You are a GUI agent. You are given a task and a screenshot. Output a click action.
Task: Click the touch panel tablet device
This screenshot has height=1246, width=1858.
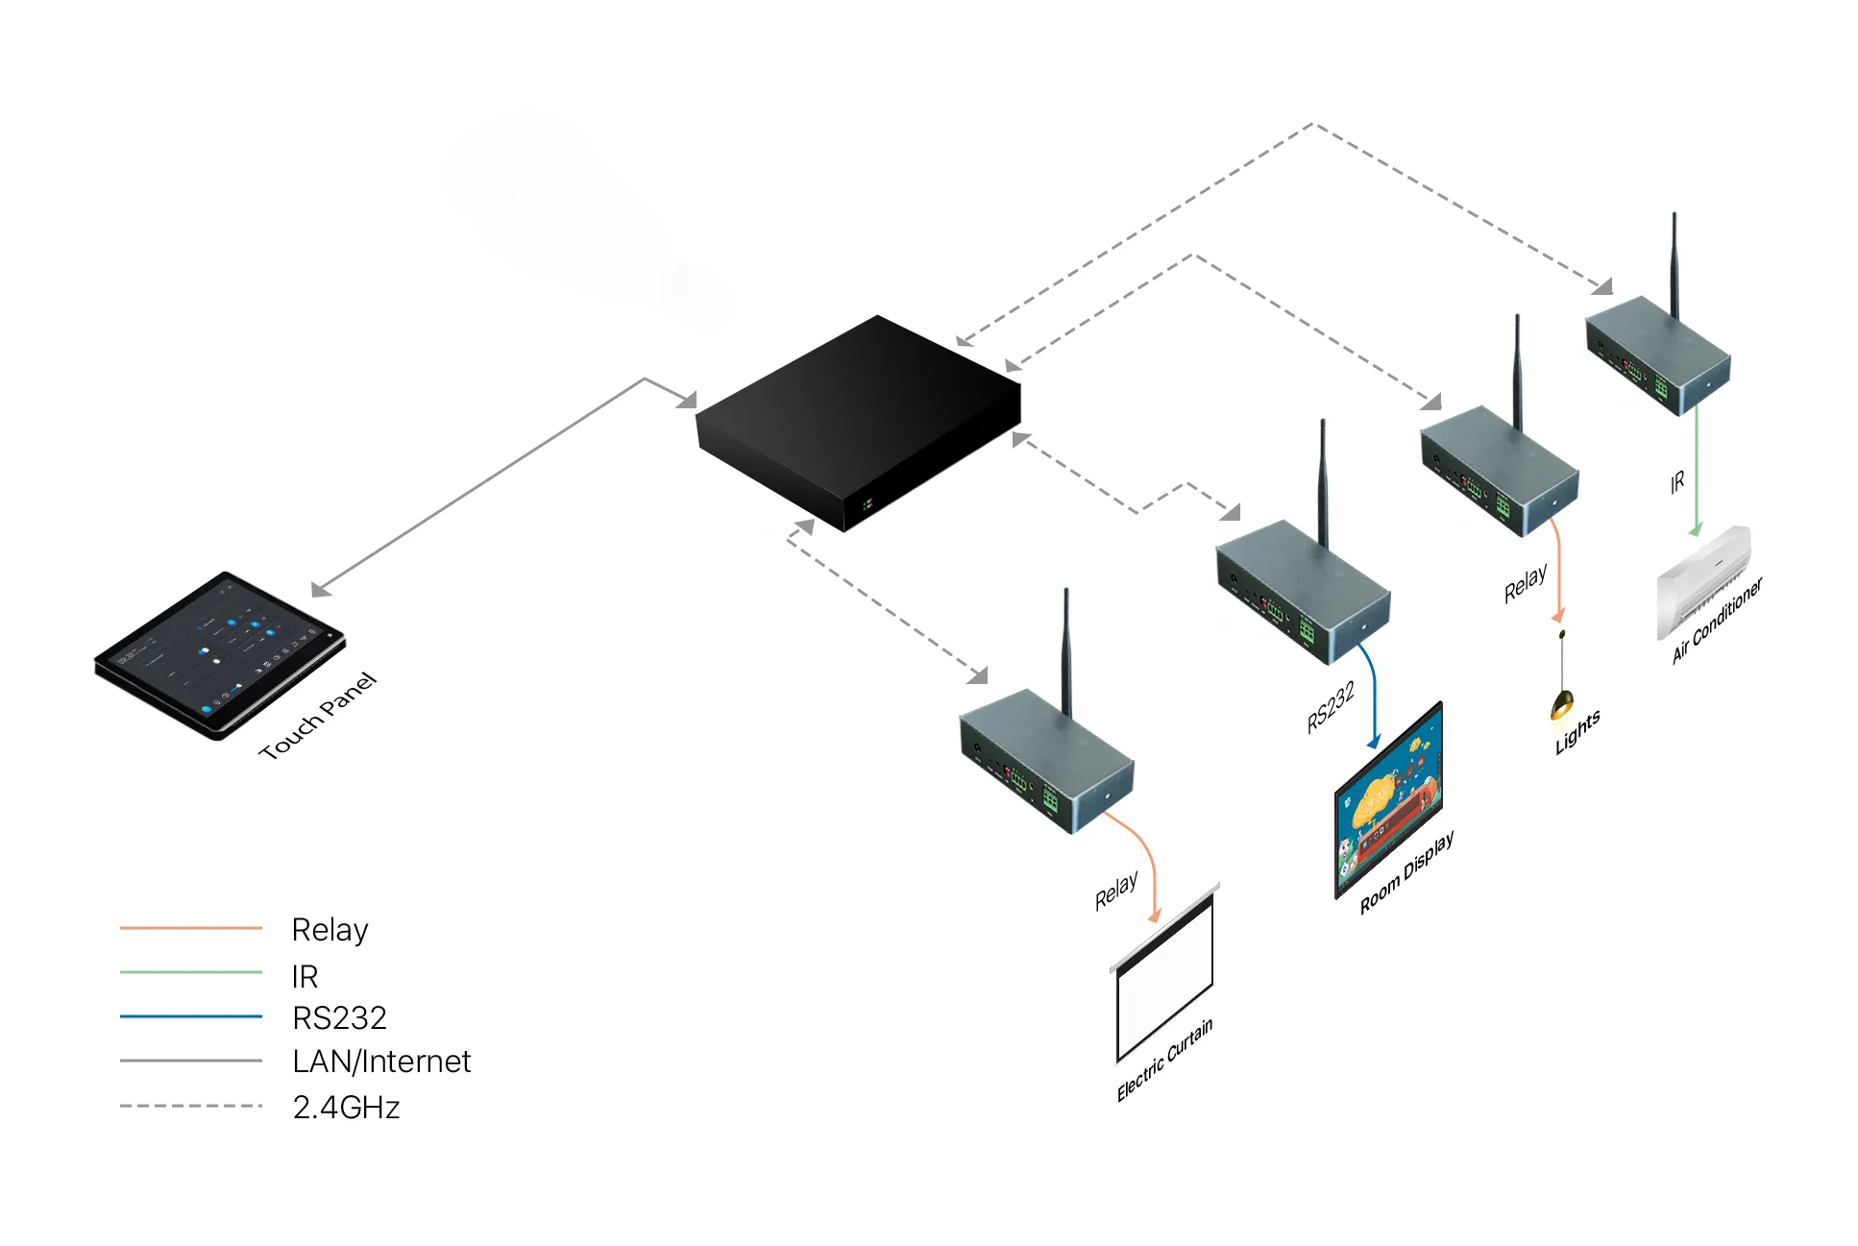[x=219, y=654]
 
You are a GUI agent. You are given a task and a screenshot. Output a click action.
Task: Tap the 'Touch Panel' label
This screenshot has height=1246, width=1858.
[x=317, y=716]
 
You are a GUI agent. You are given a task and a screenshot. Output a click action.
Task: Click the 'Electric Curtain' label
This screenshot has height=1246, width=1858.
[x=1164, y=1059]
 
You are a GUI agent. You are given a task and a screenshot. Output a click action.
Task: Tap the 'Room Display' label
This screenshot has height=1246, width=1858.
[x=1406, y=871]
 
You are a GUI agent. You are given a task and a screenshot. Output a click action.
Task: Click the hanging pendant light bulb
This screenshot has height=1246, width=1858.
[x=1562, y=704]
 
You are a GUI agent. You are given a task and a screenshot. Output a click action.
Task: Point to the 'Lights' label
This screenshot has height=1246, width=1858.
[x=1577, y=732]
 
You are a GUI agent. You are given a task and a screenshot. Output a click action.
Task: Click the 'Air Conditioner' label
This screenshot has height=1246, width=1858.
[x=1717, y=621]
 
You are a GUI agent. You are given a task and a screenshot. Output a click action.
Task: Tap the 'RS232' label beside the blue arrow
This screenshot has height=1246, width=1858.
[x=1331, y=707]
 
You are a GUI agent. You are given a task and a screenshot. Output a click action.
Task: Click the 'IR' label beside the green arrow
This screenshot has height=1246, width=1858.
[x=1676, y=482]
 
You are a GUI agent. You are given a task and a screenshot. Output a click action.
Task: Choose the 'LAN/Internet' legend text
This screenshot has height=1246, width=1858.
[x=381, y=1062]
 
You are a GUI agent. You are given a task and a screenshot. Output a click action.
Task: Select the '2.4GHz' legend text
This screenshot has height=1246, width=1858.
[x=346, y=1108]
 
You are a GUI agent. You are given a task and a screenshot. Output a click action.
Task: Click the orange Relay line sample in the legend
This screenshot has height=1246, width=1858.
[x=190, y=928]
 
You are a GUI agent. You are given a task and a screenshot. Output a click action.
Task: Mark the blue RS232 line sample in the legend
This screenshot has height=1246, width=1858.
[x=190, y=1016]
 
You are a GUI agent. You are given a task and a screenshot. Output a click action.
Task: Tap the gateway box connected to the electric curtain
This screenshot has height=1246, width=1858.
[x=1046, y=759]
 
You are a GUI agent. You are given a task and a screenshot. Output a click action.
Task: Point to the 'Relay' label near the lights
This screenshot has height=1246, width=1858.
[x=1525, y=583]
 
